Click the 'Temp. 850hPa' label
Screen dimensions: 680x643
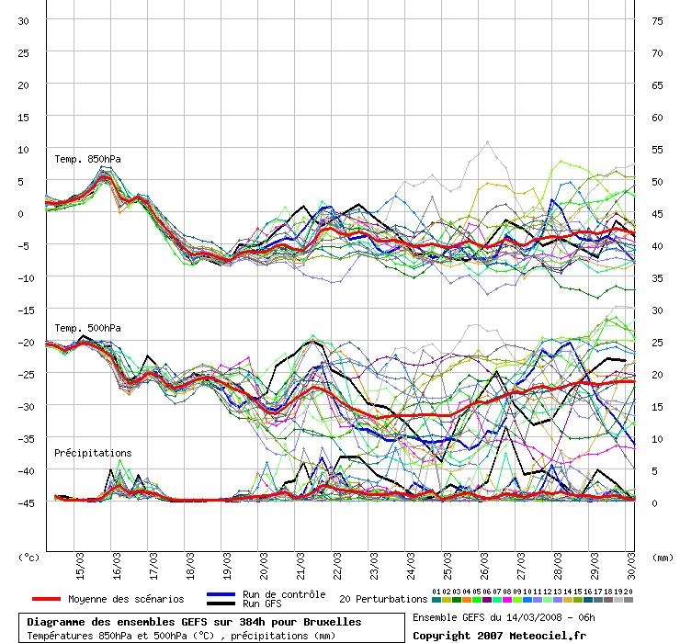87,159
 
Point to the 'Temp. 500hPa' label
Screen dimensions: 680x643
87,328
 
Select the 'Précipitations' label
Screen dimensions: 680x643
93,453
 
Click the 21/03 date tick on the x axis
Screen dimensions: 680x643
300,566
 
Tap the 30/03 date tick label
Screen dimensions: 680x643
631,566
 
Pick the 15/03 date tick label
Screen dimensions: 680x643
80,566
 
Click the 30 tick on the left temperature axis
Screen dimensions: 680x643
23,21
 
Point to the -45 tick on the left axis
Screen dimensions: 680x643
26,503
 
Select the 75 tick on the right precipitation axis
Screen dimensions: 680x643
657,21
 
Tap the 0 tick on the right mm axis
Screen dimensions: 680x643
654,503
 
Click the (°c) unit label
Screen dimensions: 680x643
28,558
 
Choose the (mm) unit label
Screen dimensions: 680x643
663,558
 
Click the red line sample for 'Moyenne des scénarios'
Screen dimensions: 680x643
46,599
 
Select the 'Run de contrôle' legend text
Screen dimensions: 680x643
284,594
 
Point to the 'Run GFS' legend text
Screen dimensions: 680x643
262,604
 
